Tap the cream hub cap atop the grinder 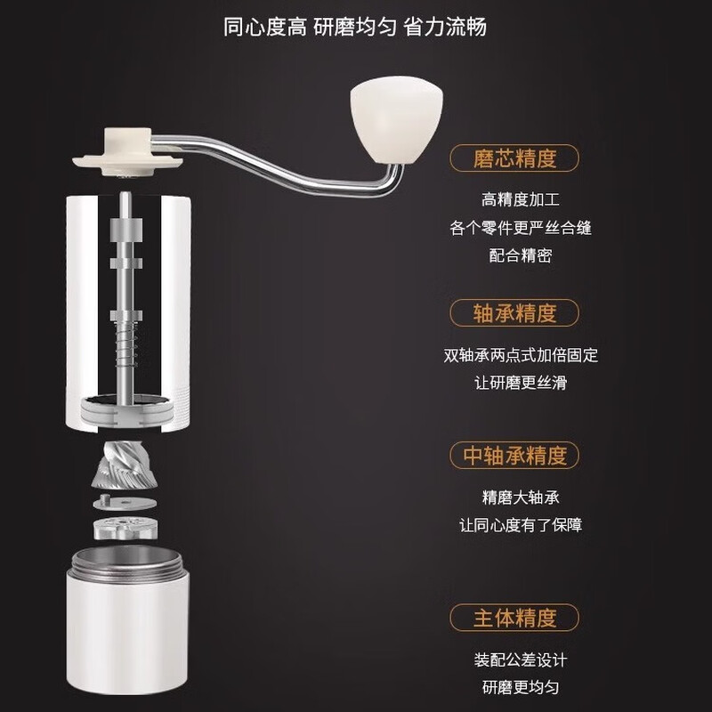pyautogui.click(x=128, y=150)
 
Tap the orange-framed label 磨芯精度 pyautogui.click(x=515, y=159)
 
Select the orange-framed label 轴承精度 pyautogui.click(x=515, y=313)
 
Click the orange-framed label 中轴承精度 pyautogui.click(x=515, y=457)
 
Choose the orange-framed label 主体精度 pyautogui.click(x=515, y=617)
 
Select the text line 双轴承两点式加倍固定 pyautogui.click(x=521, y=355)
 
